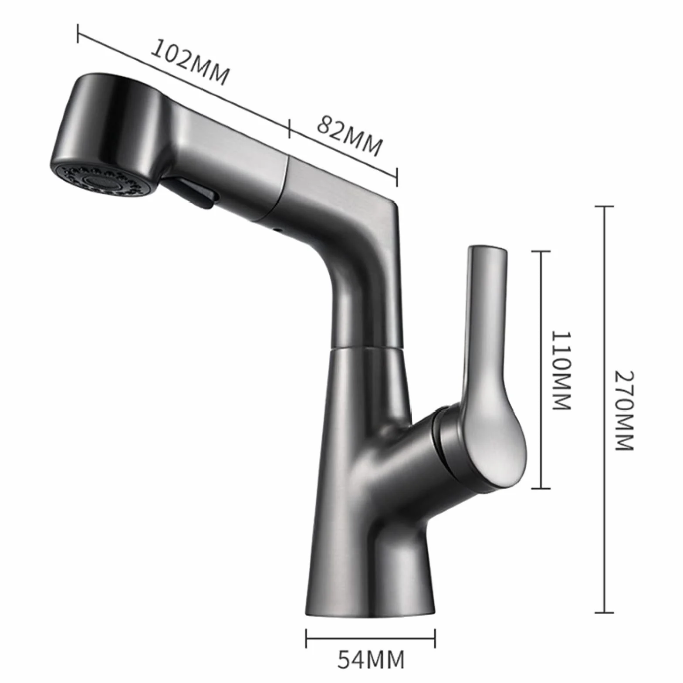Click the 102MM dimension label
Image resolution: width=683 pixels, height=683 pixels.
pos(189,62)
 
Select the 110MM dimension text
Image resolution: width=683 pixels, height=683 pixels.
pos(561,370)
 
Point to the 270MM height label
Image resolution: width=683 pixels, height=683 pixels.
pos(624,410)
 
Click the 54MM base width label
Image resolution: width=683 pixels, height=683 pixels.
pos(371,659)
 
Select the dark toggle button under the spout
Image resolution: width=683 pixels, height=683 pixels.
pos(194,193)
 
